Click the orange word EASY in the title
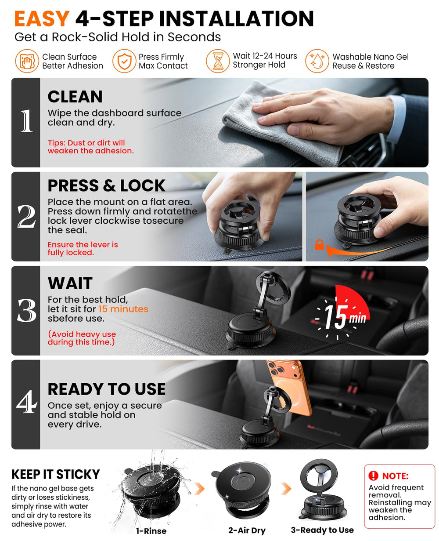pos(42,18)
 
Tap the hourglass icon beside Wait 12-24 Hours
pos(217,61)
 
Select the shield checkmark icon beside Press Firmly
pos(124,61)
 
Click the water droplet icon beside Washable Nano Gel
pos(317,61)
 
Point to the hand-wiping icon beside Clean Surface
pos(27,61)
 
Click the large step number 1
pos(26,121)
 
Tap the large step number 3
pos(26,310)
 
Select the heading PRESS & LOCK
pos(107,185)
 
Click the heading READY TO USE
pos(107,389)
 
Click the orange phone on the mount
pos(289,387)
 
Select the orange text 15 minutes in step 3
pos(123,309)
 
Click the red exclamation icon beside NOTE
pos(373,476)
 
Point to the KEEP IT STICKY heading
pos(56,474)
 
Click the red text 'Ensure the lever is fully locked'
pos(83,248)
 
